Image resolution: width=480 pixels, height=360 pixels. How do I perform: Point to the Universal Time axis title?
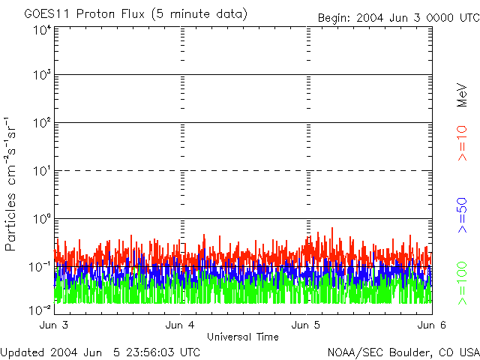(242, 337)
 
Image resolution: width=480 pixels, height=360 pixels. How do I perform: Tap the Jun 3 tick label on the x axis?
(54, 325)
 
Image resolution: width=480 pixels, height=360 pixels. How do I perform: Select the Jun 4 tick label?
(180, 325)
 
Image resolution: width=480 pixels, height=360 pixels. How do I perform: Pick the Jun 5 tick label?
(306, 325)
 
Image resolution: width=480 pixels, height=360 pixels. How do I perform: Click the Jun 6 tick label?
(432, 325)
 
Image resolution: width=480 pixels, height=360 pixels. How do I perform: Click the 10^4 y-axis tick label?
(40, 30)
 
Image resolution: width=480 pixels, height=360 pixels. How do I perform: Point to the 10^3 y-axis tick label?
(40, 75)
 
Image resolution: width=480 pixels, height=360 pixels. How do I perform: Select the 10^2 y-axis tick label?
(40, 123)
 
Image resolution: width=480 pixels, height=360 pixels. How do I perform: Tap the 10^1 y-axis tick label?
(40, 171)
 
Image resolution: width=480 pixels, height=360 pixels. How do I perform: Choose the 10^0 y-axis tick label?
(40, 219)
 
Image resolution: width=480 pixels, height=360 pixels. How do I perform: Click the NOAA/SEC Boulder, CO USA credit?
(403, 352)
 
